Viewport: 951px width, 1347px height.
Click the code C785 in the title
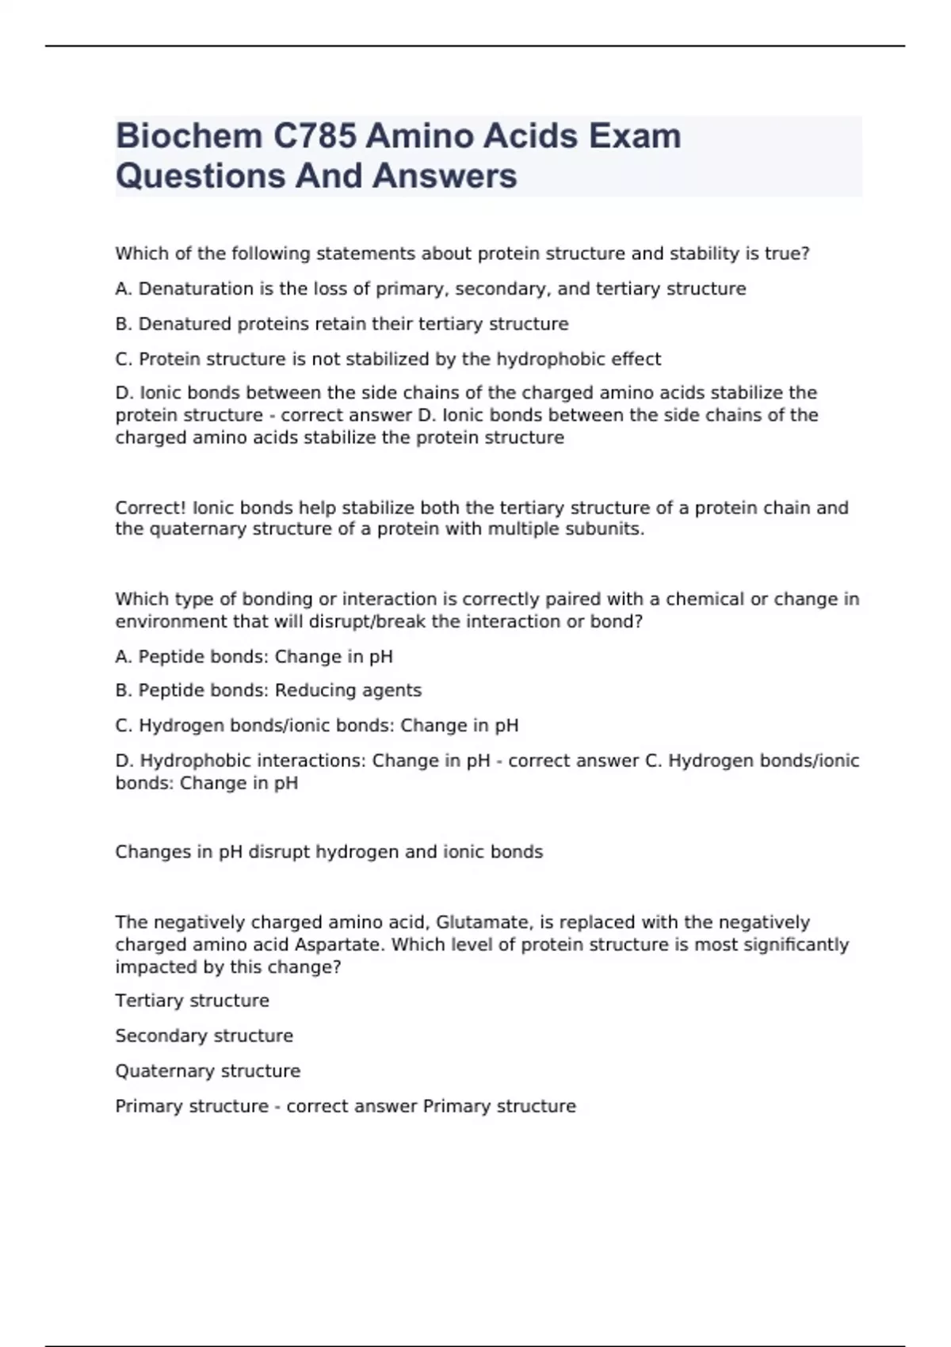(x=315, y=136)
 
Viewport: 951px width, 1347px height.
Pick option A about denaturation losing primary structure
(x=430, y=289)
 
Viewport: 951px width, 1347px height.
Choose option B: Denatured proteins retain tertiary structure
(x=342, y=324)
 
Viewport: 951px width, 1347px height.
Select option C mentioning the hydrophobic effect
(x=388, y=359)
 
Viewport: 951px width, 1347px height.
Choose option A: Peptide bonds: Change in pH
(x=254, y=657)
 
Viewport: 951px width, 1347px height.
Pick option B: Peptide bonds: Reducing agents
(x=268, y=691)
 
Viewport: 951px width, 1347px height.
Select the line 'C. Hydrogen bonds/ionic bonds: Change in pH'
(x=317, y=726)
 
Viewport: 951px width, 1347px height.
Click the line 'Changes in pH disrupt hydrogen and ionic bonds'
(x=329, y=853)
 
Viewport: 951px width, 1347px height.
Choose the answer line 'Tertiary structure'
(x=192, y=1001)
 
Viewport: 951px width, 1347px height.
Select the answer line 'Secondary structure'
(x=204, y=1036)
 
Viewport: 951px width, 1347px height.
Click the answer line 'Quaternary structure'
(x=208, y=1071)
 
